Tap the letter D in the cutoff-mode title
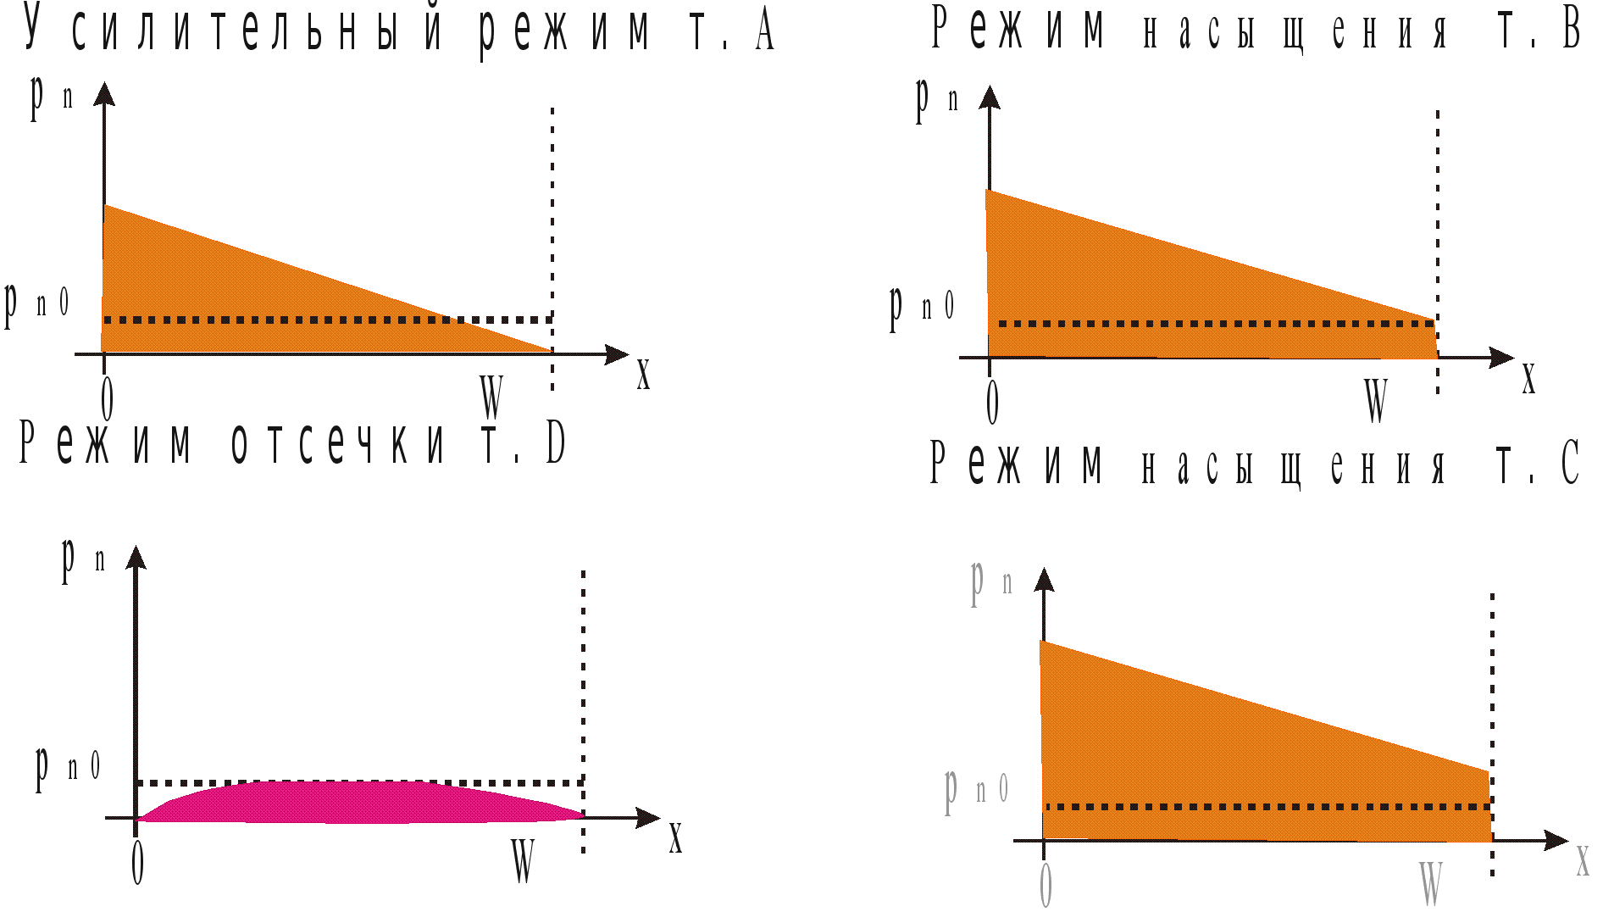(555, 443)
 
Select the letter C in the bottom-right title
(1570, 463)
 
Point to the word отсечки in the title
(338, 444)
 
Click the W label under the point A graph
(491, 396)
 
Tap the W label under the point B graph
(1376, 399)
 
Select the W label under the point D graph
(523, 860)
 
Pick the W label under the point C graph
(1430, 884)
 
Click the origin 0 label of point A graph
(107, 398)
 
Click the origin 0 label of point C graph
(1045, 886)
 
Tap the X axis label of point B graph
(1528, 379)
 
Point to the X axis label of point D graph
(675, 838)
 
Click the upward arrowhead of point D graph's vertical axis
(136, 557)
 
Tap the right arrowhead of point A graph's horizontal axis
(618, 354)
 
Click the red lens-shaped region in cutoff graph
(356, 802)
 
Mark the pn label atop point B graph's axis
(936, 98)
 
